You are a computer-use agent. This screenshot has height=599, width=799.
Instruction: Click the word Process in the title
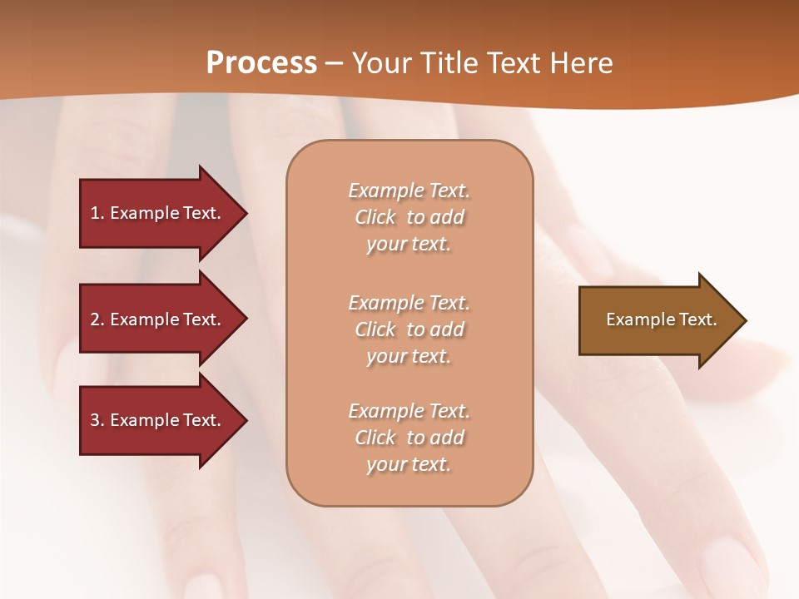tap(261, 63)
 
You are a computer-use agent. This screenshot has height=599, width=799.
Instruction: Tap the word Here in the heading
tap(580, 63)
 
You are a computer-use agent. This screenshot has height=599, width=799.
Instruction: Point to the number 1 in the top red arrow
tap(96, 213)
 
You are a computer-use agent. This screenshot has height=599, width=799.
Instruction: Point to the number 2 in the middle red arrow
tap(96, 319)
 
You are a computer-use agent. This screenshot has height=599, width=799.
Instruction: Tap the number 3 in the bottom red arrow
tap(96, 420)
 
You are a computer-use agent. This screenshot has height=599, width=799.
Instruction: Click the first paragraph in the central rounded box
tap(409, 217)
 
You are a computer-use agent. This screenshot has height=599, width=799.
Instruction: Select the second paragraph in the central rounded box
tap(409, 329)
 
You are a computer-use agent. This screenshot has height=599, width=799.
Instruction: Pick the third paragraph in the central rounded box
tap(409, 438)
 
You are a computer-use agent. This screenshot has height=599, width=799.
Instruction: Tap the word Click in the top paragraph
tap(375, 217)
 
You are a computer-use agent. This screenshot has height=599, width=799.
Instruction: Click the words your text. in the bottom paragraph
tap(409, 464)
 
